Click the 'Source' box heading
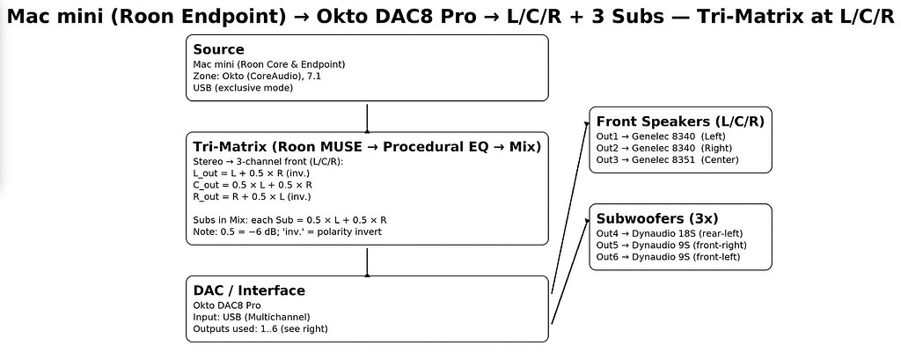(x=218, y=49)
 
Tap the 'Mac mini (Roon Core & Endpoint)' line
(x=268, y=64)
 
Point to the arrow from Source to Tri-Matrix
(x=367, y=118)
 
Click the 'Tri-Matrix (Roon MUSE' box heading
(x=366, y=147)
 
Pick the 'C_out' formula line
(x=252, y=186)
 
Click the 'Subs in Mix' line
(x=289, y=219)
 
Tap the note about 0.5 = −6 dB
(x=287, y=231)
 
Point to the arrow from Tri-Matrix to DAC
(x=367, y=261)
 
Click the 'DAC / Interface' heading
(x=249, y=290)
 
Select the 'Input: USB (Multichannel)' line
(x=251, y=317)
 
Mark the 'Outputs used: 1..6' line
(x=260, y=329)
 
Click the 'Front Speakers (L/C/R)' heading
(x=680, y=121)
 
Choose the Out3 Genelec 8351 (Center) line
(x=667, y=160)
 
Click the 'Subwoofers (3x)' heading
(x=657, y=218)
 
